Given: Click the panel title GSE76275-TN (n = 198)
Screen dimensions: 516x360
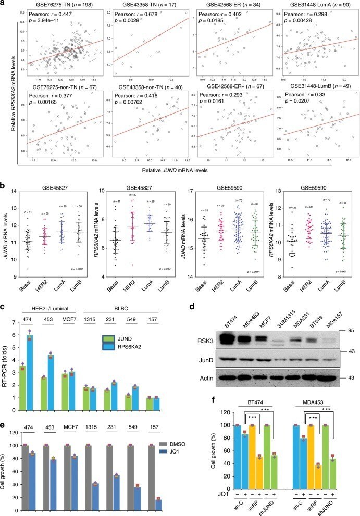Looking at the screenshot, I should point(59,4).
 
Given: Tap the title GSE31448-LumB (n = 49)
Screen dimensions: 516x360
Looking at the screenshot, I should point(314,89).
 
